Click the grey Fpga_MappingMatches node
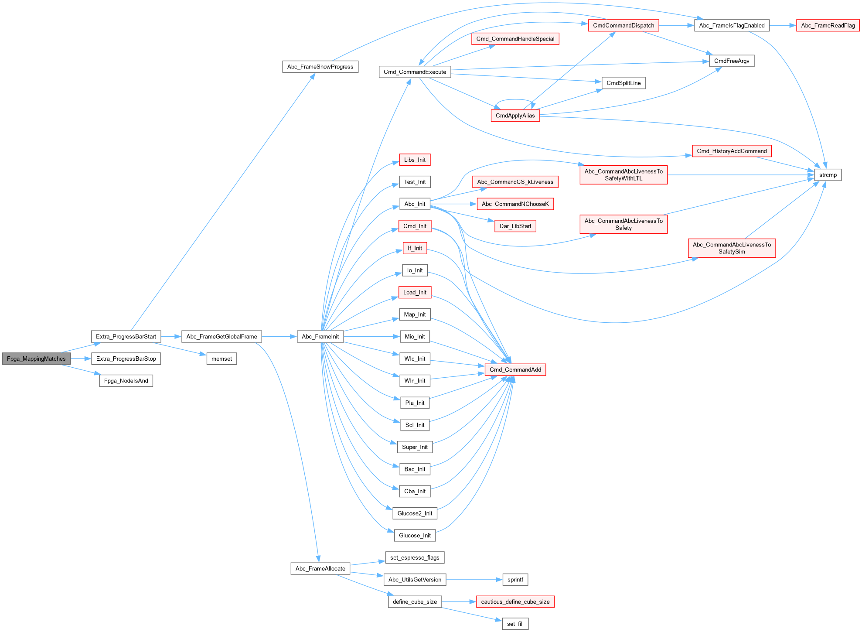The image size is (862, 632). tap(36, 359)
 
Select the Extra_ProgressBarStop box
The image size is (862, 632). tap(126, 359)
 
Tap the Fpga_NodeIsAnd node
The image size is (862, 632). tap(126, 381)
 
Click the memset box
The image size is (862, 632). tap(221, 359)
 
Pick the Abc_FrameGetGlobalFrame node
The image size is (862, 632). tap(221, 336)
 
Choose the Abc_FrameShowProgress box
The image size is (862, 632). tap(320, 67)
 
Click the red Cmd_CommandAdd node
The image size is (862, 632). tap(515, 369)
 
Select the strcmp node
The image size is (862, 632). tap(828, 175)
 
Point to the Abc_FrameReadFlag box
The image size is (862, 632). tap(828, 25)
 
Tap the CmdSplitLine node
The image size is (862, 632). tap(624, 83)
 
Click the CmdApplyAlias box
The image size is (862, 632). tap(515, 116)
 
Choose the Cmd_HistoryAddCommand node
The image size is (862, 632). tap(732, 151)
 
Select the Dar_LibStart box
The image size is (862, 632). tap(515, 226)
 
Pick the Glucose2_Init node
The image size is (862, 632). tap(415, 513)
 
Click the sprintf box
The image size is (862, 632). tap(515, 580)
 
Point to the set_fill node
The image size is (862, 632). tap(515, 624)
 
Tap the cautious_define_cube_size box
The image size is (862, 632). tap(515, 602)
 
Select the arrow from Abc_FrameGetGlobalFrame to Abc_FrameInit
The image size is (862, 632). tap(279, 336)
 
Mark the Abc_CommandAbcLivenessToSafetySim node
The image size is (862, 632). tap(732, 248)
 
